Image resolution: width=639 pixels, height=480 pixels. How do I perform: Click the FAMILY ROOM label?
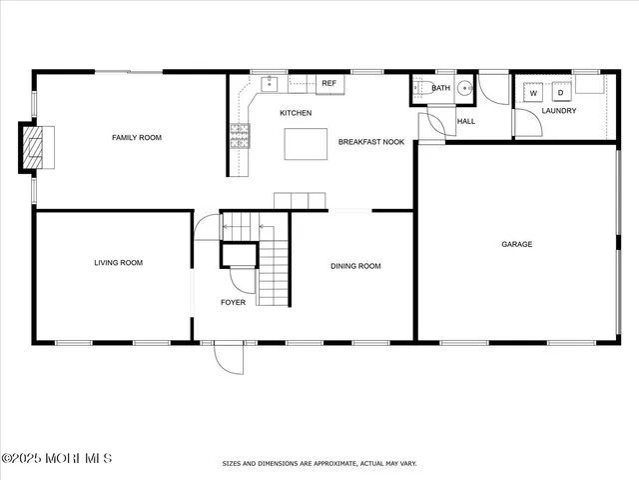136,138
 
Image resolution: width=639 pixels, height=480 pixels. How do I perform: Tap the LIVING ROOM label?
118,263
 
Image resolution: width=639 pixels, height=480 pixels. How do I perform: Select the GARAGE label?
516,244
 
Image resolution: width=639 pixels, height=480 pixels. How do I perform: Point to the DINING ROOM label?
356,266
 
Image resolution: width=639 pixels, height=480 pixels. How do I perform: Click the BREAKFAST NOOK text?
371,143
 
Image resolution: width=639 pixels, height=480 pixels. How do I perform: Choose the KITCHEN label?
296,113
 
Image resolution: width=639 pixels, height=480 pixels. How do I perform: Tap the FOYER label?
233,302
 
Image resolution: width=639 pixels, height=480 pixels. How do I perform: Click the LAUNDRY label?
559,111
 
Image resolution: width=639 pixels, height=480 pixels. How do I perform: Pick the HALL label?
466,122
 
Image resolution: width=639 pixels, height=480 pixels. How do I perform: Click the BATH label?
440,89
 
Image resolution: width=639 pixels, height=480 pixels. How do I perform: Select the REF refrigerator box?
328,84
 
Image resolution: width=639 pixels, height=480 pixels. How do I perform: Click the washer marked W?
533,93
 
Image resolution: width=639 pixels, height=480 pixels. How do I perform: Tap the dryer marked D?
560,93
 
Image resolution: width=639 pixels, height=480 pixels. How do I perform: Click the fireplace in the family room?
36,148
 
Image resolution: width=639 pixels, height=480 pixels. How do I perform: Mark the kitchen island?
305,144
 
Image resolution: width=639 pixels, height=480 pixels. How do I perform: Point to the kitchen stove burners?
240,136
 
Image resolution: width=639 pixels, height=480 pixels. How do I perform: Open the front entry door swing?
229,357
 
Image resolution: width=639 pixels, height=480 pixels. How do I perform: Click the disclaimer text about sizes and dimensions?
319,464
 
